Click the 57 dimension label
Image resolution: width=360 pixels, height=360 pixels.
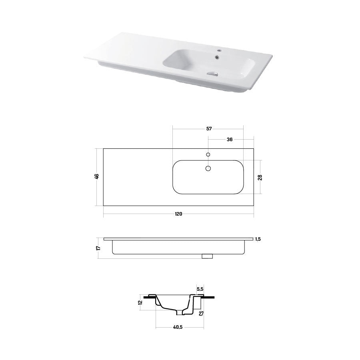pyautogui.click(x=209, y=129)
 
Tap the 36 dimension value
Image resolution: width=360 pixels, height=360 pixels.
pyautogui.click(x=229, y=140)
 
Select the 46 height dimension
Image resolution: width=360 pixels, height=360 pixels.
pyautogui.click(x=96, y=176)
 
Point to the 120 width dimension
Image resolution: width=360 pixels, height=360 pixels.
pyautogui.click(x=179, y=214)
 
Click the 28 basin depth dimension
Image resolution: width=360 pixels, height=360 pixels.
pyautogui.click(x=260, y=177)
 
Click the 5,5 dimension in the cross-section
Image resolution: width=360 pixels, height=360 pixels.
pyautogui.click(x=200, y=289)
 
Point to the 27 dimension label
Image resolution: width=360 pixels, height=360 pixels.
pyautogui.click(x=201, y=314)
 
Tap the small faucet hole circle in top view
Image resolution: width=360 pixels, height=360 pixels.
pyautogui.click(x=208, y=154)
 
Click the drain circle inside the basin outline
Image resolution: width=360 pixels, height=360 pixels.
pyautogui.click(x=208, y=169)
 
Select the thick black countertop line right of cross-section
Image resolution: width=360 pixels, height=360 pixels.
pyautogui.click(x=209, y=297)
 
